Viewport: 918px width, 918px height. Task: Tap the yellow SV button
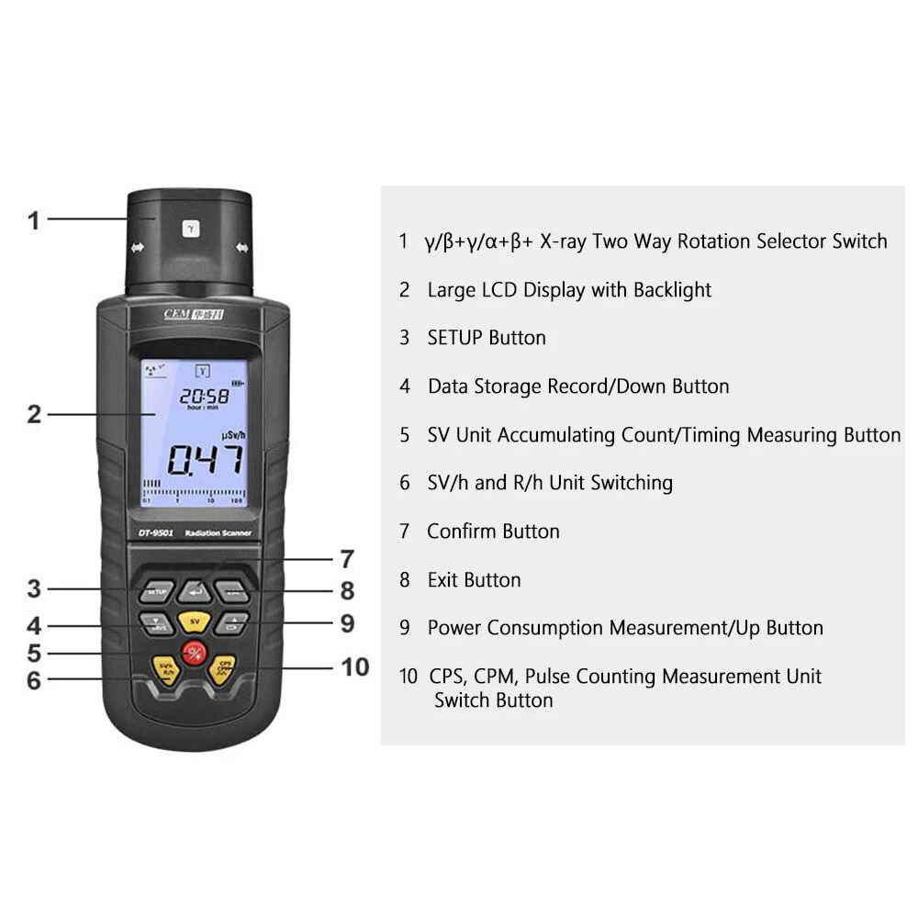point(194,621)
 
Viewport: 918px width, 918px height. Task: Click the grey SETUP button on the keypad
point(156,592)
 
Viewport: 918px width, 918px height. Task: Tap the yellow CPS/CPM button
point(223,667)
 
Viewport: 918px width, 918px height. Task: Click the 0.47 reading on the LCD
point(205,458)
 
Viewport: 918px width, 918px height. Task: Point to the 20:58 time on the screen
point(203,396)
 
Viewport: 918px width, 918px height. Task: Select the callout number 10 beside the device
point(355,666)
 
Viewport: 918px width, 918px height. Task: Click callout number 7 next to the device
point(346,558)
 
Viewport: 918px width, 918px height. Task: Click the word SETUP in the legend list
point(455,338)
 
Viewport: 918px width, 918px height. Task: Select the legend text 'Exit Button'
point(474,580)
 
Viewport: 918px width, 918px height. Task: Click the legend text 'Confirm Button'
point(493,532)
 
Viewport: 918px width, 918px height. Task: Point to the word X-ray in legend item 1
point(564,241)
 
